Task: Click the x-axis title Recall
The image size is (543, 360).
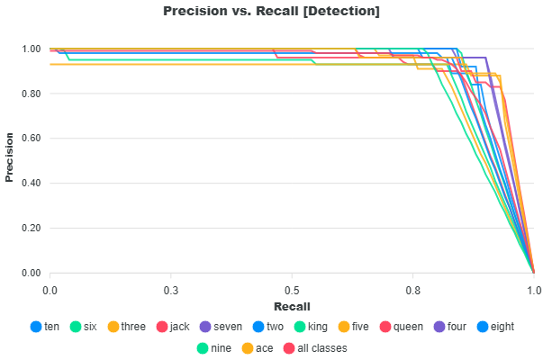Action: [292, 307]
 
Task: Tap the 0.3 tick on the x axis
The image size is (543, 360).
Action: [170, 290]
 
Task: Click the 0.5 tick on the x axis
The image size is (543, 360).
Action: [292, 290]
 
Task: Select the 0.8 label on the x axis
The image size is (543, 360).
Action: [412, 290]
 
